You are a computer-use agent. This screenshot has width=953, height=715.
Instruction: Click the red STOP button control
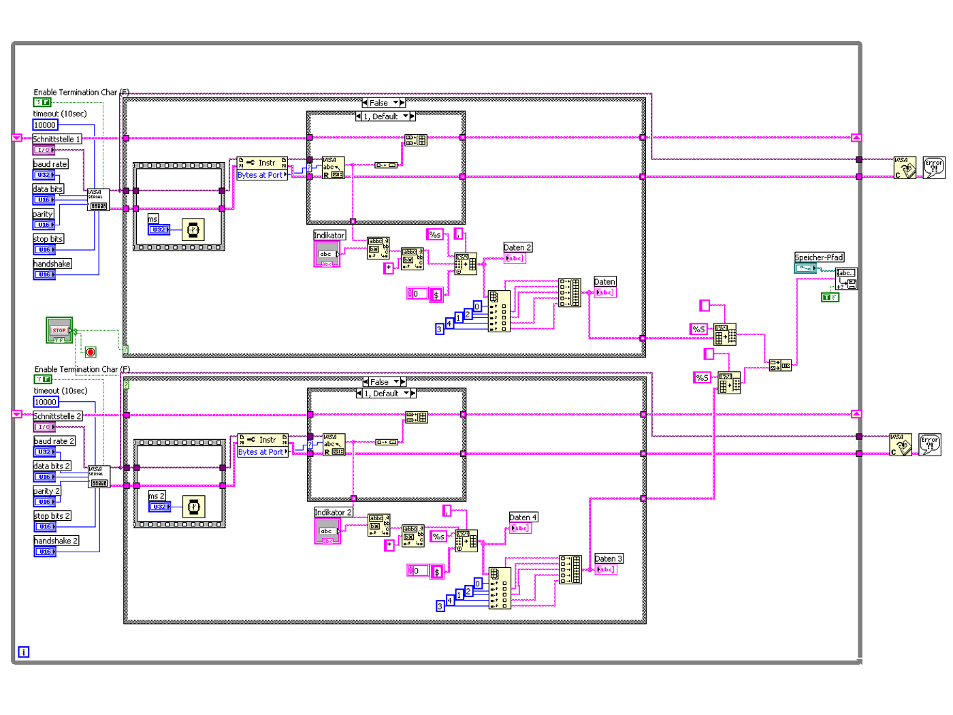[59, 330]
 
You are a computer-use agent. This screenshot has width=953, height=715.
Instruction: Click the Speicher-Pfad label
[819, 257]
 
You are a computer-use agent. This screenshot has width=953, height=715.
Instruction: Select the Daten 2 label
[517, 248]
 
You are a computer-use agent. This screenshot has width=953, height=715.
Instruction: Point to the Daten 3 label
[609, 559]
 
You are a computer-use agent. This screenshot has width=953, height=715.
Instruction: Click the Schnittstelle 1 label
[57, 139]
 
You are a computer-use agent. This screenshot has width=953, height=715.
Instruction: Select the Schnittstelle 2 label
[58, 416]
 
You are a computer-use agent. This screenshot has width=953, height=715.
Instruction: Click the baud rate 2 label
[54, 441]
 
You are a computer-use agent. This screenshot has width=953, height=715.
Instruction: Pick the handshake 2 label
[56, 541]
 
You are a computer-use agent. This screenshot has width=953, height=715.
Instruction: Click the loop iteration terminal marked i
[24, 652]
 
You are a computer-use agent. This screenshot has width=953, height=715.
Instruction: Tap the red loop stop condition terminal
[91, 352]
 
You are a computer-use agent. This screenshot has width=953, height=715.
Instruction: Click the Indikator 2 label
[334, 513]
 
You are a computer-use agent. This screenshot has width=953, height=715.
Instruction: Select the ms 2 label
[157, 496]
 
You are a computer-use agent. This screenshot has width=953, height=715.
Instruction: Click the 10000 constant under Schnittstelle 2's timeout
[46, 402]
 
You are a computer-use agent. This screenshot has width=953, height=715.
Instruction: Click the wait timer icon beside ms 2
[194, 507]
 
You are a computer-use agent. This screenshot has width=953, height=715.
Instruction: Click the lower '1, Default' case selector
[386, 394]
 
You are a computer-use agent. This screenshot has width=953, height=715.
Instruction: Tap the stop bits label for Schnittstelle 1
[48, 239]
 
